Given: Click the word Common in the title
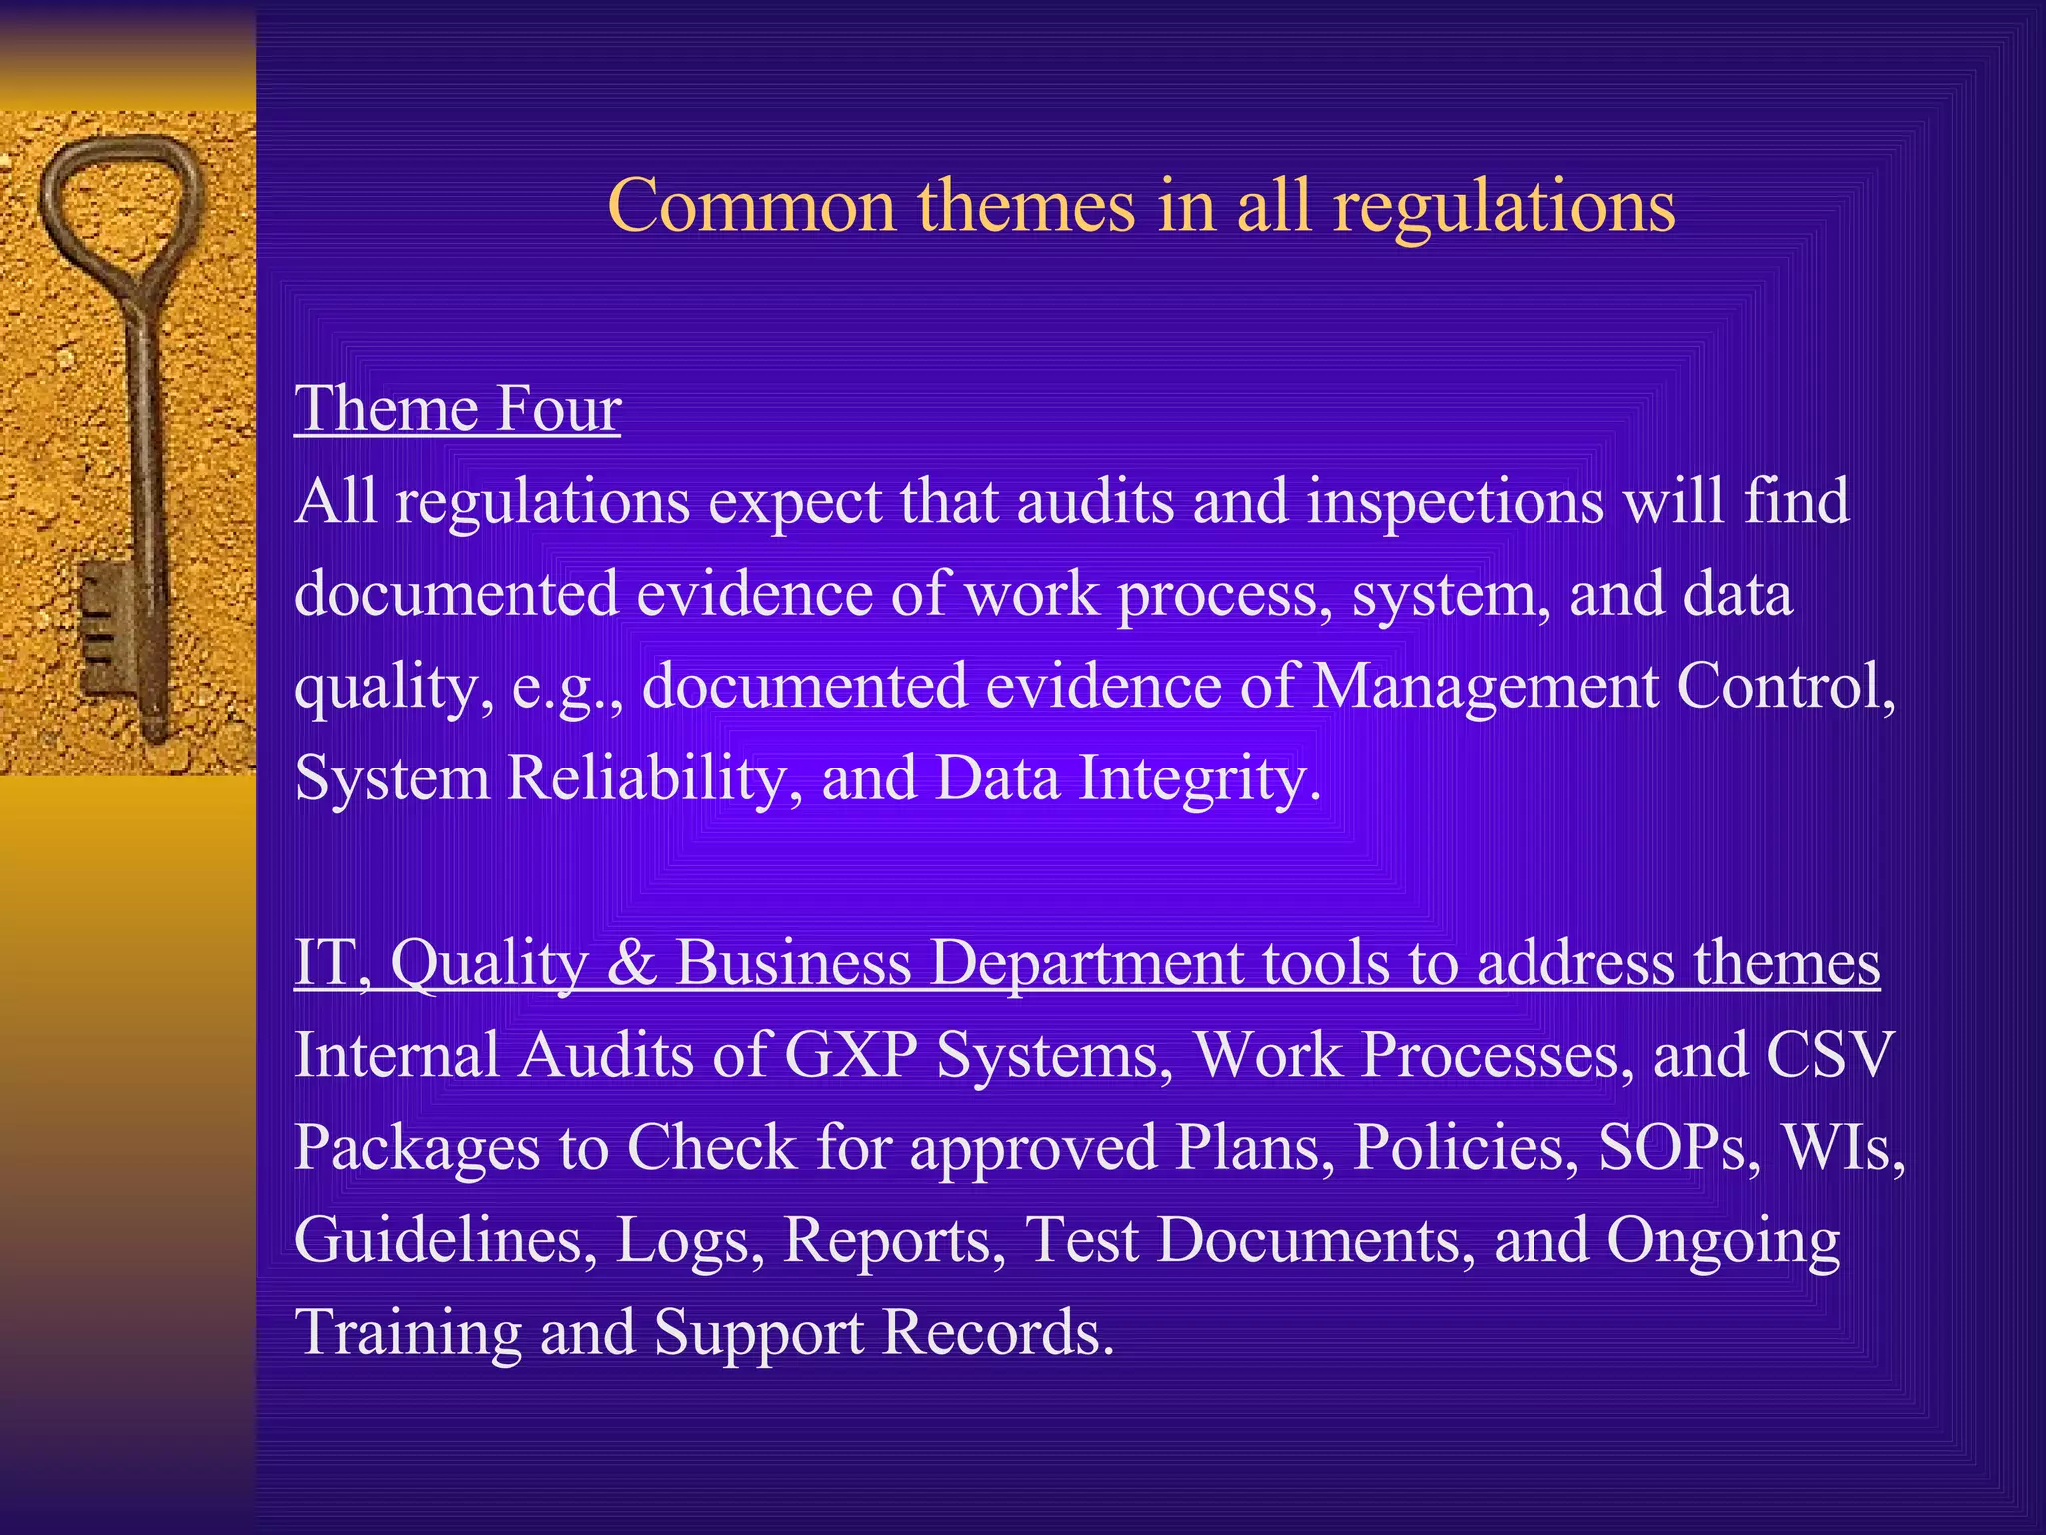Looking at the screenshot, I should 751,206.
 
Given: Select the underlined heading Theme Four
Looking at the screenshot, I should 458,410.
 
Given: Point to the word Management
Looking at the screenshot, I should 1485,688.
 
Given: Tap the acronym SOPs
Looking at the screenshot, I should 1678,1147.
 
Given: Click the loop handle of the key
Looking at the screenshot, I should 120,210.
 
